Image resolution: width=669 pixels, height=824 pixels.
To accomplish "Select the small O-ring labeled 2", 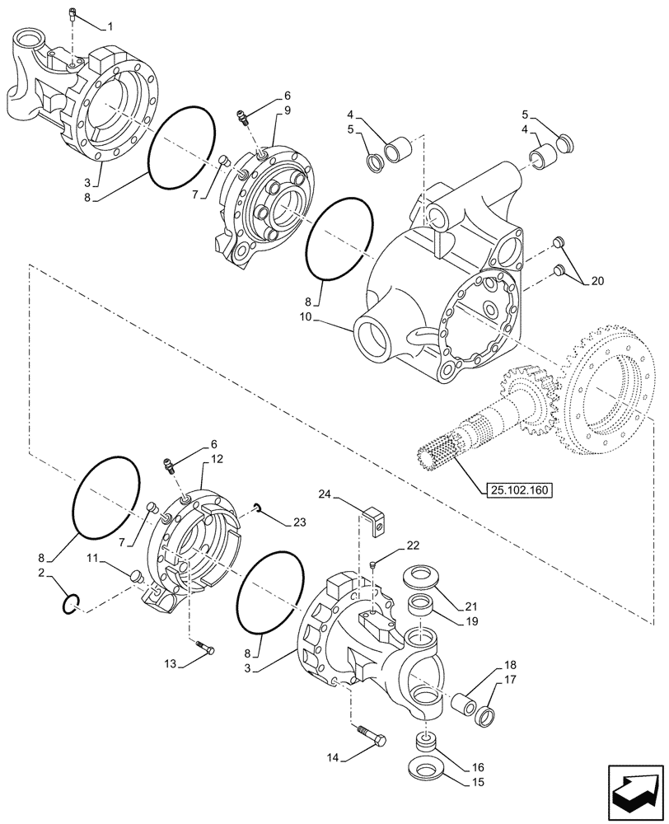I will (x=70, y=606).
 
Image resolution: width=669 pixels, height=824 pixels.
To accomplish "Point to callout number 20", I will (x=596, y=281).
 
